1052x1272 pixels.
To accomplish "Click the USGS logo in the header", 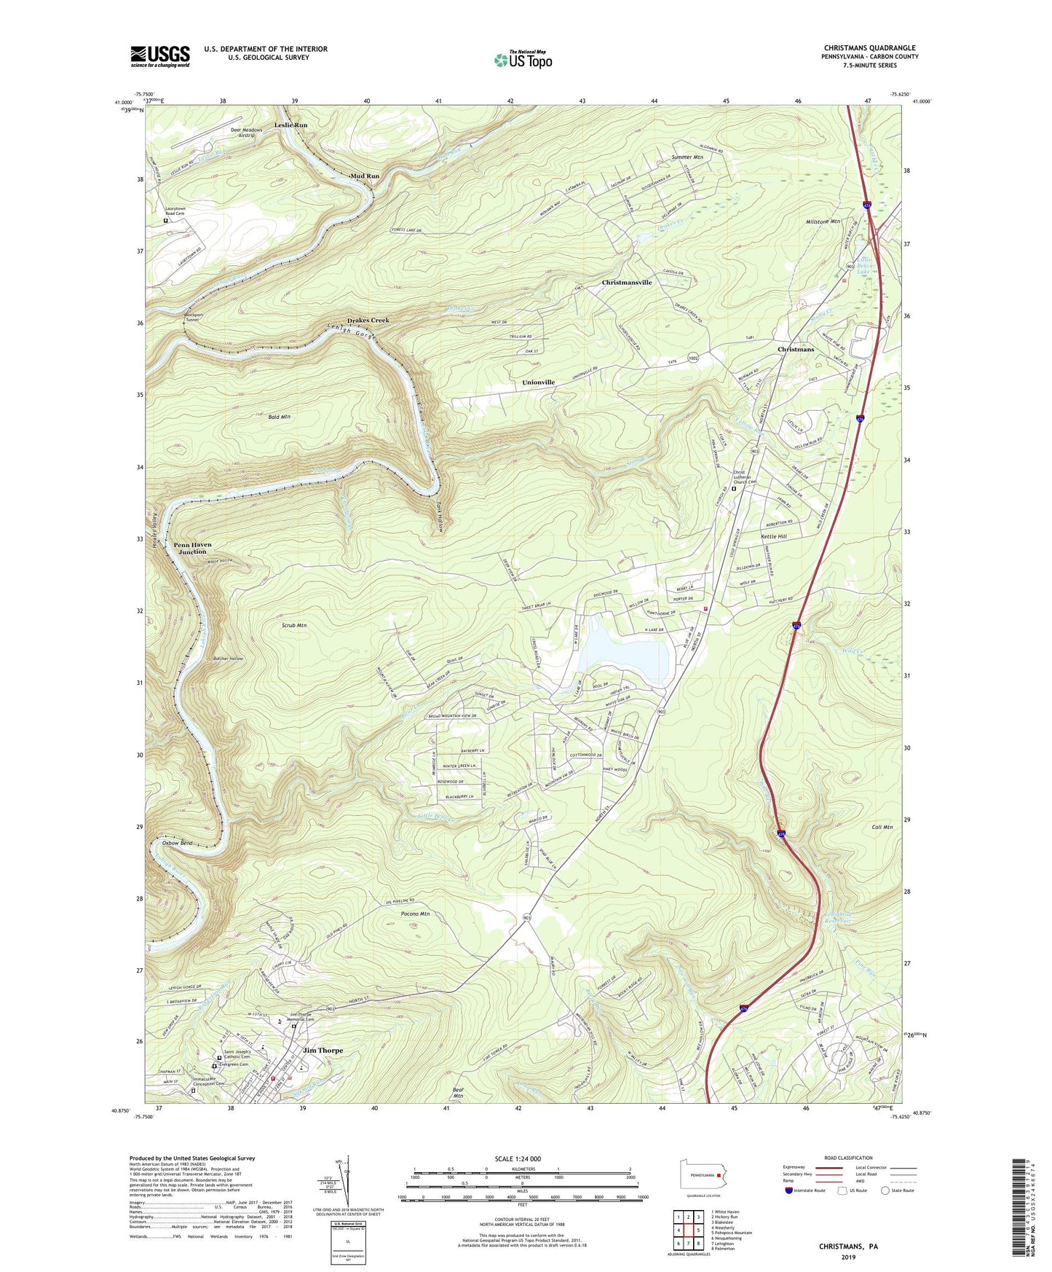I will (160, 55).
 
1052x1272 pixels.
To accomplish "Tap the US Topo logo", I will (522, 60).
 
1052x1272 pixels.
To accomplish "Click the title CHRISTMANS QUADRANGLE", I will (869, 48).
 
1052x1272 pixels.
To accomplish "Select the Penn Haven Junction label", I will (192, 548).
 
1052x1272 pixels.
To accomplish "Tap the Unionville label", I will (538, 382).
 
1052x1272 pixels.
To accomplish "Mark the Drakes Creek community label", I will (368, 321).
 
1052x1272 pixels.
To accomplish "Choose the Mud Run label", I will (364, 176).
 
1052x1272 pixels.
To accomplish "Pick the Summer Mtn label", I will (687, 157).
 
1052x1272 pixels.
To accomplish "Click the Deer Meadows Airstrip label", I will (246, 133).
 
